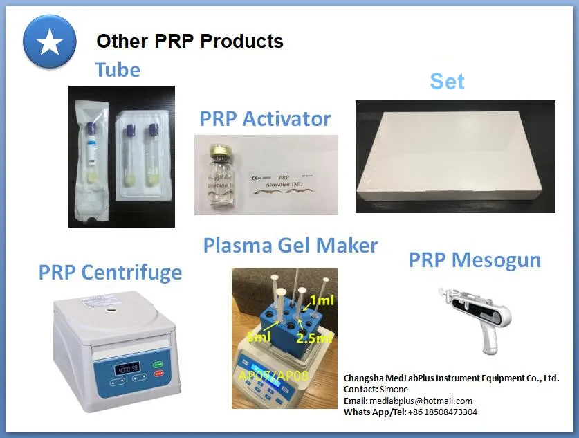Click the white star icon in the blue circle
pyautogui.click(x=49, y=42)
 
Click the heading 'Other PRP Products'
pyautogui.click(x=190, y=41)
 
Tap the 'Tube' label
pyautogui.click(x=118, y=70)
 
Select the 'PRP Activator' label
pyautogui.click(x=265, y=118)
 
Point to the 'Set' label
pyautogui.click(x=447, y=81)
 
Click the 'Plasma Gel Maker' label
pyautogui.click(x=291, y=245)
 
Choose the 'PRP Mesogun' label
pyautogui.click(x=475, y=260)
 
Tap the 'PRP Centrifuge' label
pyautogui.click(x=110, y=272)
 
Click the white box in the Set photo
pyautogui.click(x=454, y=158)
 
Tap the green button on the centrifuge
pyautogui.click(x=157, y=363)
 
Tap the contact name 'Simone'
pyautogui.click(x=394, y=390)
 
